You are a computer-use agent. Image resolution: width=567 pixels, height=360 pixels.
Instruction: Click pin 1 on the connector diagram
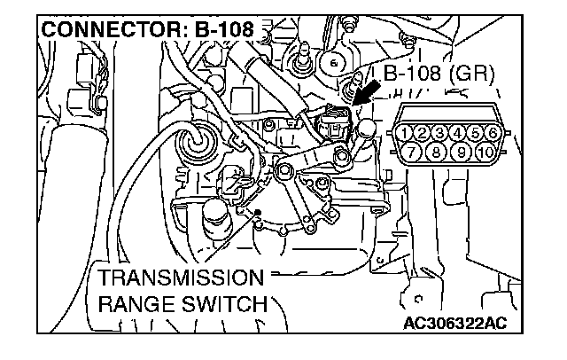pos(406,134)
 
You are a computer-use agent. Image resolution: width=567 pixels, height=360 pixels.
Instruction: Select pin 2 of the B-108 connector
pos(423,134)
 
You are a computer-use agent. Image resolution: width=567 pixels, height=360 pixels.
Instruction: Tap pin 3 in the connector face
pos(440,134)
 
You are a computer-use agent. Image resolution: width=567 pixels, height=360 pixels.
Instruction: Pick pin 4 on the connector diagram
pos(458,134)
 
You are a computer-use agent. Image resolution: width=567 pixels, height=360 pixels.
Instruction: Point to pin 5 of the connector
pos(476,134)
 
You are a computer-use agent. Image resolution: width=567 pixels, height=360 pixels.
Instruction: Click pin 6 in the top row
pos(493,134)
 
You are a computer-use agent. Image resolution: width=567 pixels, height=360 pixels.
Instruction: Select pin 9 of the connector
pos(462,152)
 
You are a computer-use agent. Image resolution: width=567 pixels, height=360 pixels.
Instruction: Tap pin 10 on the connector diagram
pos(485,152)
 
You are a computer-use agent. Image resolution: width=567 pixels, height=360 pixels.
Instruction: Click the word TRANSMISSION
pos(181,277)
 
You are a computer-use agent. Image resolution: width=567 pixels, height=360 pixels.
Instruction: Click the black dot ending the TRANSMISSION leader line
pos(257,213)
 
